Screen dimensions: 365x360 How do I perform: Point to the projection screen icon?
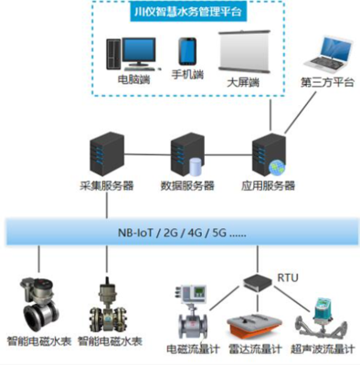246,53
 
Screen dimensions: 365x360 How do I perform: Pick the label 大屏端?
243,83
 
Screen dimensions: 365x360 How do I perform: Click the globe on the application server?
279,166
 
